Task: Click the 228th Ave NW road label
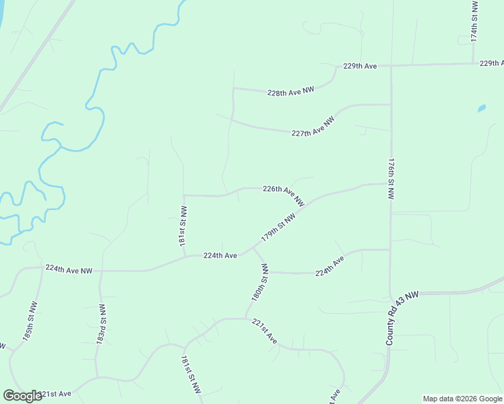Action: coord(291,91)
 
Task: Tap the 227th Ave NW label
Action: coord(313,127)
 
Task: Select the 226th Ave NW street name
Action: coord(284,195)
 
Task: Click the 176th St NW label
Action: coord(391,179)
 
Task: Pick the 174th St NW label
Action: coord(474,22)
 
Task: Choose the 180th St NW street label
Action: coord(261,282)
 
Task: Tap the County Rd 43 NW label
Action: coord(402,318)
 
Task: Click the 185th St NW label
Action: coord(30,324)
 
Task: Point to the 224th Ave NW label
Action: coord(69,269)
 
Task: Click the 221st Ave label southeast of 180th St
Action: coord(265,331)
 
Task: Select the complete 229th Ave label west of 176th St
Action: coord(359,66)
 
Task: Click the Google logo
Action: coord(22,396)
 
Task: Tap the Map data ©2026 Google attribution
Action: coord(462,399)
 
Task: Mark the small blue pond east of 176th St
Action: coord(481,108)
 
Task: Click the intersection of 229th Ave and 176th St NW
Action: coord(391,65)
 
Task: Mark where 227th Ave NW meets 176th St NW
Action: coord(391,104)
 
